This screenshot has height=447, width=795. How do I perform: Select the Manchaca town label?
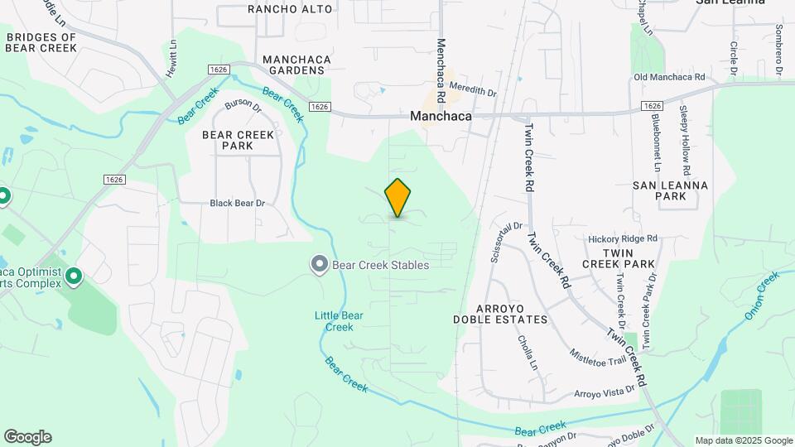tap(441, 117)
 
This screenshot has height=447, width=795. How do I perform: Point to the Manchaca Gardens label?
tap(293, 65)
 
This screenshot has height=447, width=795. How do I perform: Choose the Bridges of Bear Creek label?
tap(41, 42)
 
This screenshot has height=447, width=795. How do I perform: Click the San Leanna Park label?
tap(670, 190)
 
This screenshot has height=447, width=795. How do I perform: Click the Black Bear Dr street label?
tap(237, 203)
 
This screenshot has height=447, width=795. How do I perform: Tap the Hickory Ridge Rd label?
tap(623, 238)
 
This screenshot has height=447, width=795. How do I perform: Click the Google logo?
tap(27, 437)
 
